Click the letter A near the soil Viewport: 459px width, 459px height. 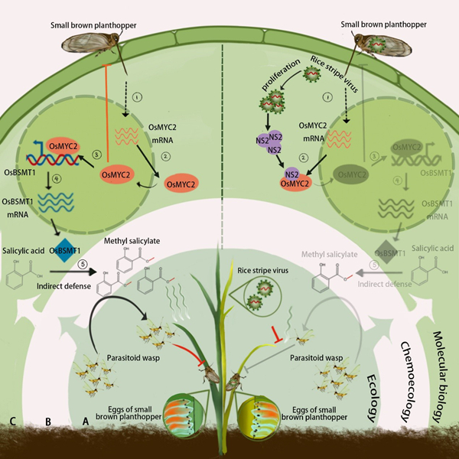86,420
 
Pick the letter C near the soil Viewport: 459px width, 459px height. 13,420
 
